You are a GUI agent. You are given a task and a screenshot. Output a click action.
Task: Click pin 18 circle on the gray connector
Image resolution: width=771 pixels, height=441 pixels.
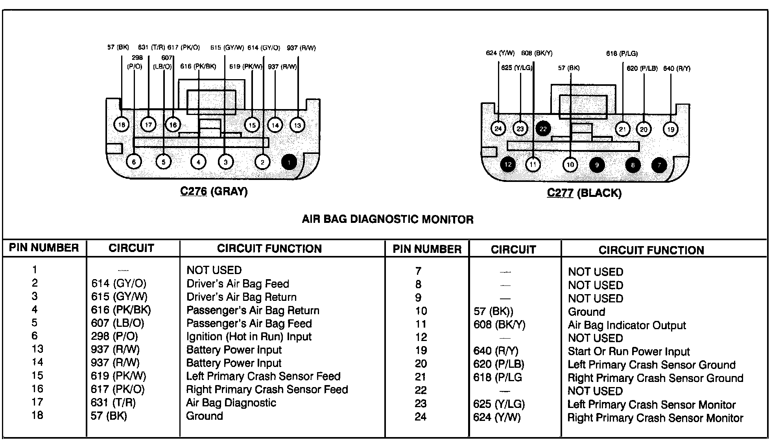[x=122, y=125]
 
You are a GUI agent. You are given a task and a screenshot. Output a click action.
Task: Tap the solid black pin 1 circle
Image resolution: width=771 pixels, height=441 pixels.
[x=289, y=162]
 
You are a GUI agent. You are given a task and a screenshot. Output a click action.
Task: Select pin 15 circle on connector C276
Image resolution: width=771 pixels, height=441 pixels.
[x=252, y=125]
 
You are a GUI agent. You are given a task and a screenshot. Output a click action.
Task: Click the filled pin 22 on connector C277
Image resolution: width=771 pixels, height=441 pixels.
[x=543, y=129]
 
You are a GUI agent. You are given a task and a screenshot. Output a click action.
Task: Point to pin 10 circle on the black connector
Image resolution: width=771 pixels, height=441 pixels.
[x=570, y=165]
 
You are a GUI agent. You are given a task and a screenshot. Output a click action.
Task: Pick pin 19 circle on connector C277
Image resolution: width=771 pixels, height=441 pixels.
[x=671, y=129]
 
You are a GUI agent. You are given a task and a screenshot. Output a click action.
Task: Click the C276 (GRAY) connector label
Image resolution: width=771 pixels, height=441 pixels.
[x=214, y=191]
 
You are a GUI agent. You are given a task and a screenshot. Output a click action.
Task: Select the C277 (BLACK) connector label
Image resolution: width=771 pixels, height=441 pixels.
[x=584, y=193]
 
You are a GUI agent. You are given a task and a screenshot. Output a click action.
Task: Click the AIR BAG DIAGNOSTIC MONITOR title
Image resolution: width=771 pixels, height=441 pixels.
[x=387, y=219]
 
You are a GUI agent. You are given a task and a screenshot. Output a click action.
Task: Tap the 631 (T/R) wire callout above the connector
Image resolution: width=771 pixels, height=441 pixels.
[x=151, y=48]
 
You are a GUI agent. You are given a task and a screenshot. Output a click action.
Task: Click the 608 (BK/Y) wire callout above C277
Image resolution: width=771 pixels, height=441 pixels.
[x=537, y=53]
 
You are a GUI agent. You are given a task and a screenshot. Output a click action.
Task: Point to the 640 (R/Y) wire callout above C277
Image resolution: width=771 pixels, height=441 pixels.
[x=677, y=69]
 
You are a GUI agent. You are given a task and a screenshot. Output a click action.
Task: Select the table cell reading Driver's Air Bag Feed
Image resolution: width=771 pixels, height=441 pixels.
[x=238, y=284]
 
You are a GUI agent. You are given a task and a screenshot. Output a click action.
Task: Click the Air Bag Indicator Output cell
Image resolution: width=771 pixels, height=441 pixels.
[x=627, y=325]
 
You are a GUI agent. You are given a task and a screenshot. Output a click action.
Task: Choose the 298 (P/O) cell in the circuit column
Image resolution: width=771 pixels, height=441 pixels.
[x=114, y=337]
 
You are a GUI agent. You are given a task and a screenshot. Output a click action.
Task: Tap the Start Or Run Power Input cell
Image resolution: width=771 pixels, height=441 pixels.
[x=629, y=352]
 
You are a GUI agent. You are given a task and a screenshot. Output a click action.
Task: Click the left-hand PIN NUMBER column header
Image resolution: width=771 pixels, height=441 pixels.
[x=44, y=248]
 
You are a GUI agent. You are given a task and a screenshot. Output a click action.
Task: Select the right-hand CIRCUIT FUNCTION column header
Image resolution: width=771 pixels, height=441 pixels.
[x=651, y=250]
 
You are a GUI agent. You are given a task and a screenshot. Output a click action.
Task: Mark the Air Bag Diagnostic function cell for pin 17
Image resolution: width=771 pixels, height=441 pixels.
[x=231, y=403]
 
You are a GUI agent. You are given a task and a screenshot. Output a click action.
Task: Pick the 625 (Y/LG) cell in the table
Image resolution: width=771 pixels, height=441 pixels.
[x=499, y=404]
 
